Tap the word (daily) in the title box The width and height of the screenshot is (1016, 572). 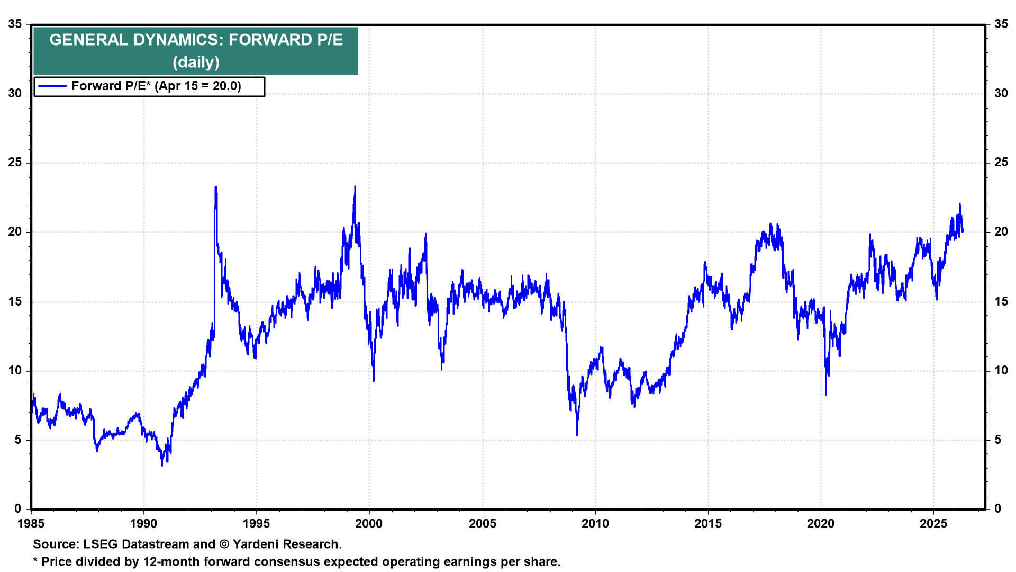click(196, 62)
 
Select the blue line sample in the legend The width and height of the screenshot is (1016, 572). click(52, 86)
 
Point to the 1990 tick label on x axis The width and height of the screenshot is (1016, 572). click(143, 524)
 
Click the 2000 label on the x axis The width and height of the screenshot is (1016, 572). click(369, 524)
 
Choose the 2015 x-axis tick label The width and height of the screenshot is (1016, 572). click(708, 524)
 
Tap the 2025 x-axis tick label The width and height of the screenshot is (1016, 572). click(933, 524)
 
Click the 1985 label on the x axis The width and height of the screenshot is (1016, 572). click(31, 524)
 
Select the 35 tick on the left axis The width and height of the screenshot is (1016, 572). click(15, 24)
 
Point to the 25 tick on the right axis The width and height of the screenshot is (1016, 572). click(1001, 163)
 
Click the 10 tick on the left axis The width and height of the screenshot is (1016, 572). click(15, 371)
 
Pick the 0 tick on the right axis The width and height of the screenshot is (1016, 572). click(998, 509)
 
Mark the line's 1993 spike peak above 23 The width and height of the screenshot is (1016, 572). click(215, 187)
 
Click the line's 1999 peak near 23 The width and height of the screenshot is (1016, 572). click(355, 186)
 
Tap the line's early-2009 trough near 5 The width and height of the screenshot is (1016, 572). click(577, 435)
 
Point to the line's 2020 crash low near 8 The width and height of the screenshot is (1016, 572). click(825, 395)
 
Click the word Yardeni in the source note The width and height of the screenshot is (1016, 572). click(256, 544)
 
